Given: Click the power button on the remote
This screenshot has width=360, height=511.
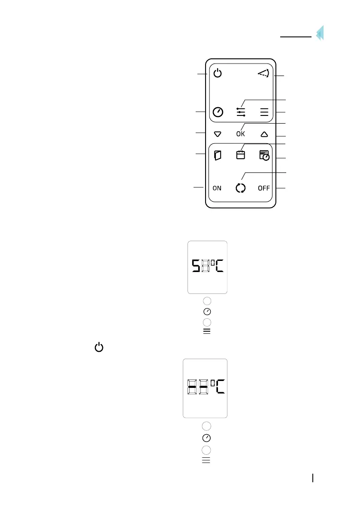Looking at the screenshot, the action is (x=218, y=74).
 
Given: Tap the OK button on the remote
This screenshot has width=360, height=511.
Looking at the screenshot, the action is (x=241, y=134).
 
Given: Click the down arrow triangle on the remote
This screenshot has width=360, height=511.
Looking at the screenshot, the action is (x=217, y=134).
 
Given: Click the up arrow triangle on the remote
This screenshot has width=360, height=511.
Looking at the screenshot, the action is (x=264, y=134).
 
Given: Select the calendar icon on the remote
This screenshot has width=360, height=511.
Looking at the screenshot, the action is (x=241, y=155).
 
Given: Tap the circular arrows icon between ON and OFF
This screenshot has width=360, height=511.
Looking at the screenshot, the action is (x=241, y=188).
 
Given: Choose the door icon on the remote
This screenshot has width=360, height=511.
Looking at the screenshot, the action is (x=218, y=155).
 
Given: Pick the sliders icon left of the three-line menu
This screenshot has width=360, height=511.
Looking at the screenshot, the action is (x=241, y=112).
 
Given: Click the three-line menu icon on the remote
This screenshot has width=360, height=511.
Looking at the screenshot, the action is (x=264, y=112).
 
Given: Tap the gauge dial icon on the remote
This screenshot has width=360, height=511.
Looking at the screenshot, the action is (x=218, y=112).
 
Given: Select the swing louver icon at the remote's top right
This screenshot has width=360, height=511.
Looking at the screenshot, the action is (x=263, y=74).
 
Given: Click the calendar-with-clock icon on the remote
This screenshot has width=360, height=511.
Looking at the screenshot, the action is (x=264, y=155).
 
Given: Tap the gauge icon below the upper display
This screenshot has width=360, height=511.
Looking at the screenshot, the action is (x=207, y=311).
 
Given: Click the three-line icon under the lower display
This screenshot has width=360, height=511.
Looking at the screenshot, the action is (x=206, y=461).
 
